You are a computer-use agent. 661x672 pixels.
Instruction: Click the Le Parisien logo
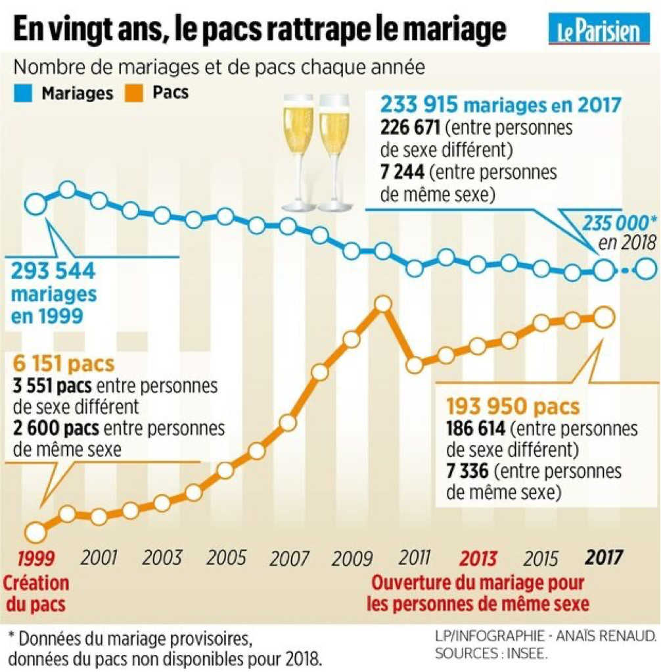(x=599, y=30)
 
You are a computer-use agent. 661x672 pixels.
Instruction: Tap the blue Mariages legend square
(x=22, y=93)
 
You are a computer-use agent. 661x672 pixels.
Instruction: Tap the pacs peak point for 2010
(x=382, y=304)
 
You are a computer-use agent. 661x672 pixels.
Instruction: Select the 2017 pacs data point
(x=603, y=318)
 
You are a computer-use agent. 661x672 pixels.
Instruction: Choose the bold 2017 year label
(x=603, y=558)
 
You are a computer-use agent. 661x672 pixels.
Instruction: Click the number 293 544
(x=53, y=270)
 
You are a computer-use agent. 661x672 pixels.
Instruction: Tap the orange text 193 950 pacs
(x=513, y=406)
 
